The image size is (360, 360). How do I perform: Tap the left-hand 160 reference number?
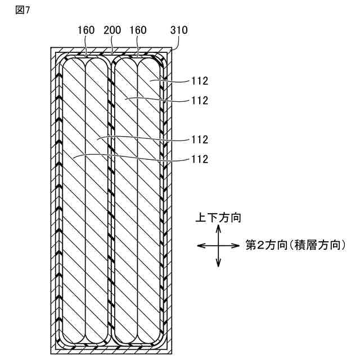point(87,30)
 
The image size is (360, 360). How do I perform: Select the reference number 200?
point(112,30)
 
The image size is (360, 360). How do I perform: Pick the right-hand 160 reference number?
point(138,30)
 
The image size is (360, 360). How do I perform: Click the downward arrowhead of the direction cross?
point(218,264)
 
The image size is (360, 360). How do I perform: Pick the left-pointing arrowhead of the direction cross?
point(199,245)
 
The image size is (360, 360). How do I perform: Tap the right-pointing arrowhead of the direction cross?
point(238,245)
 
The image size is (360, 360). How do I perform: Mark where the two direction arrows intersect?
point(218,245)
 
